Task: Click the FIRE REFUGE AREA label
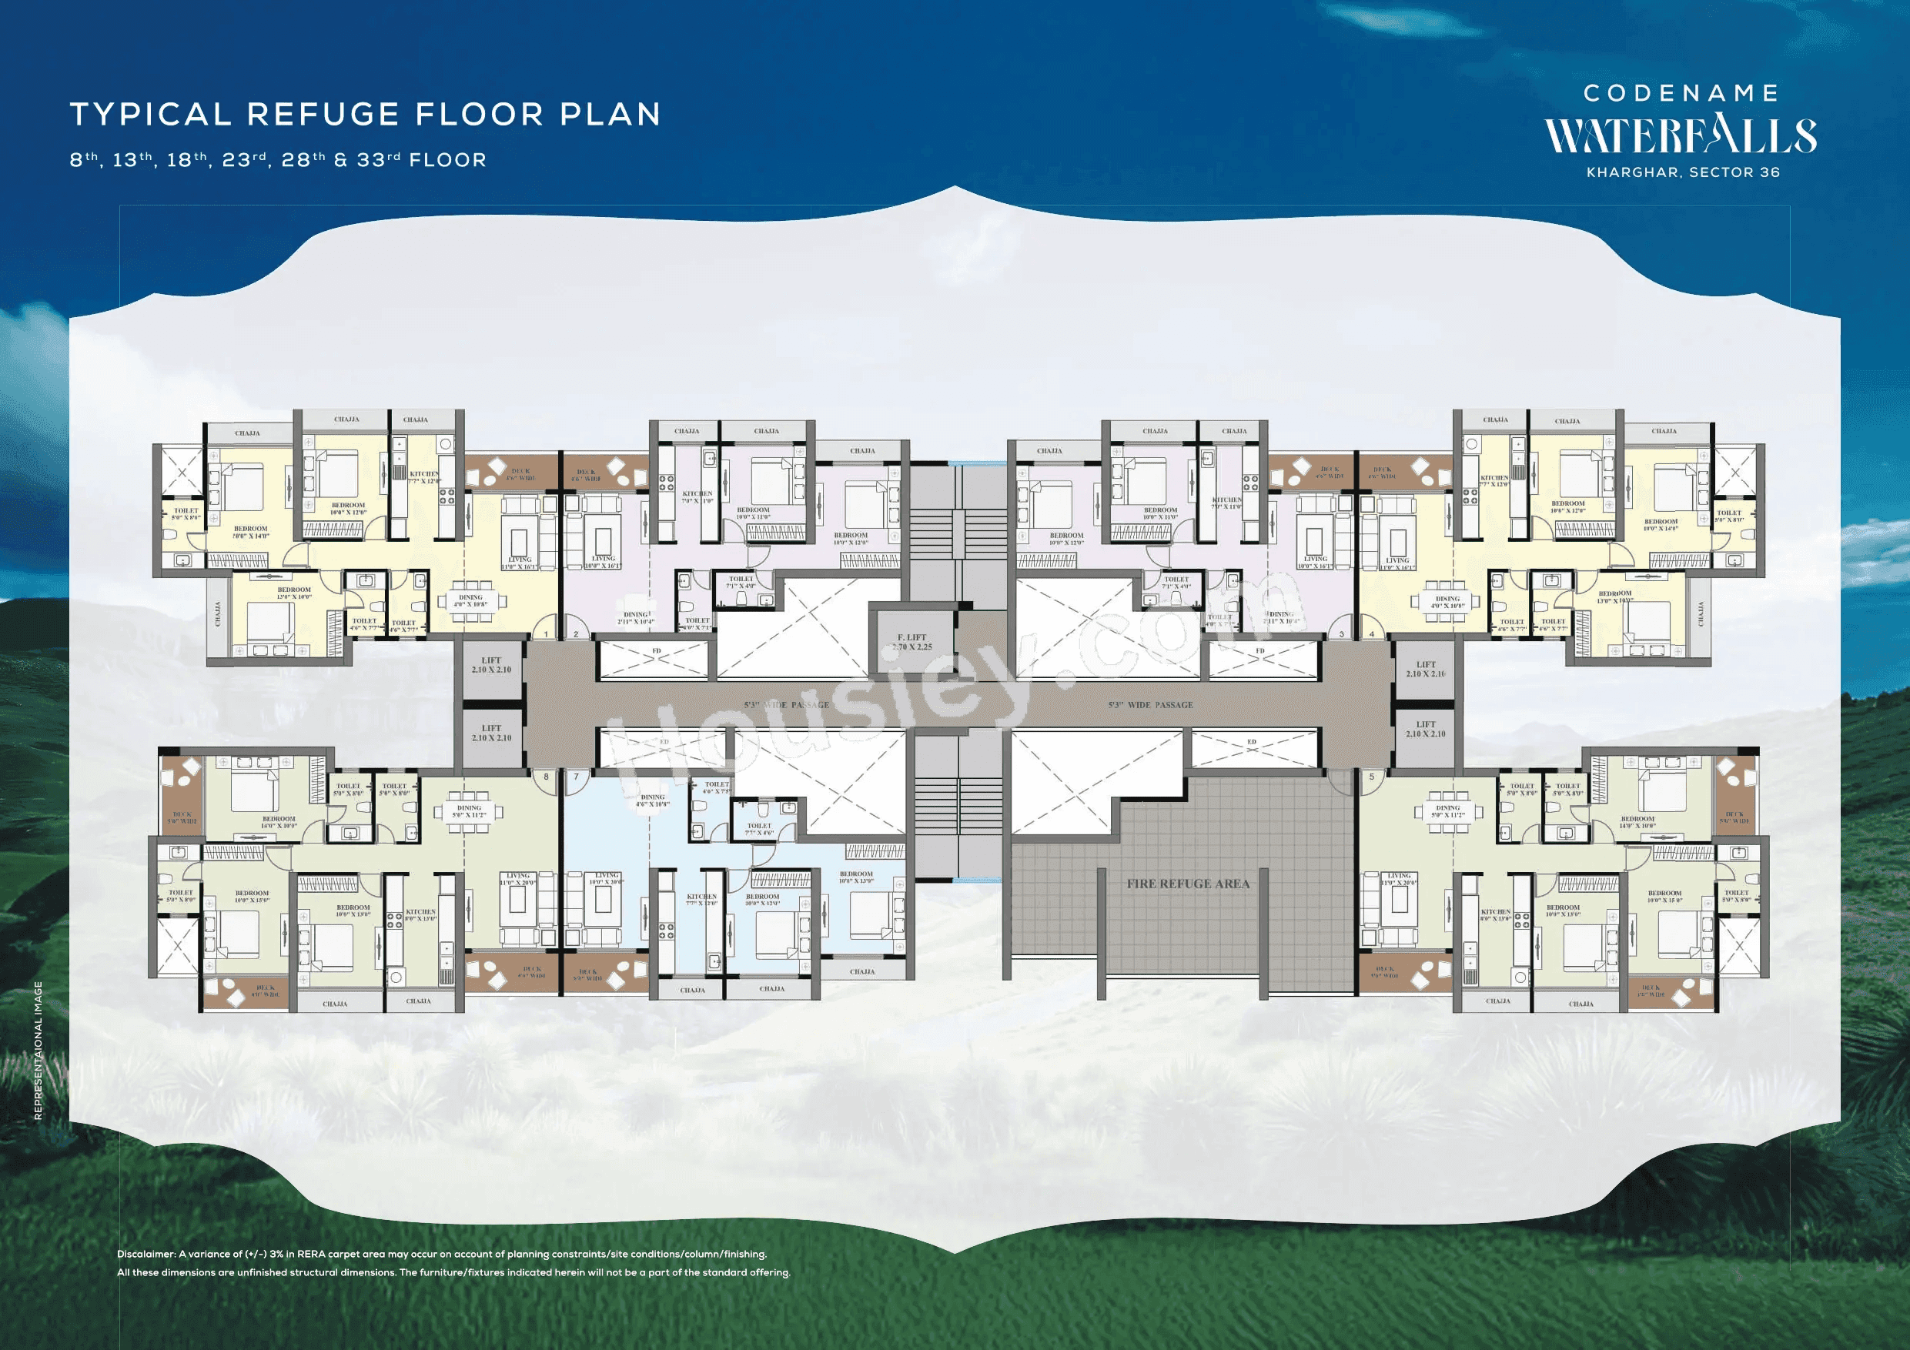(1188, 884)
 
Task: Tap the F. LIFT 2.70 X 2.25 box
(912, 641)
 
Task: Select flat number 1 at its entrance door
(546, 635)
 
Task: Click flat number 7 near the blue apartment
(576, 777)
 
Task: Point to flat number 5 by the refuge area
(1372, 777)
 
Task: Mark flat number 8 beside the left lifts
(546, 777)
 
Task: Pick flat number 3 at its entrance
(1341, 635)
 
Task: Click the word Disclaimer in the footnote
(146, 1254)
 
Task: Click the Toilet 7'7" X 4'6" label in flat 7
(758, 829)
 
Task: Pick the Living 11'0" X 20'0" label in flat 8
(517, 878)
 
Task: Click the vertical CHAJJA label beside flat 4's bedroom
(1701, 614)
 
